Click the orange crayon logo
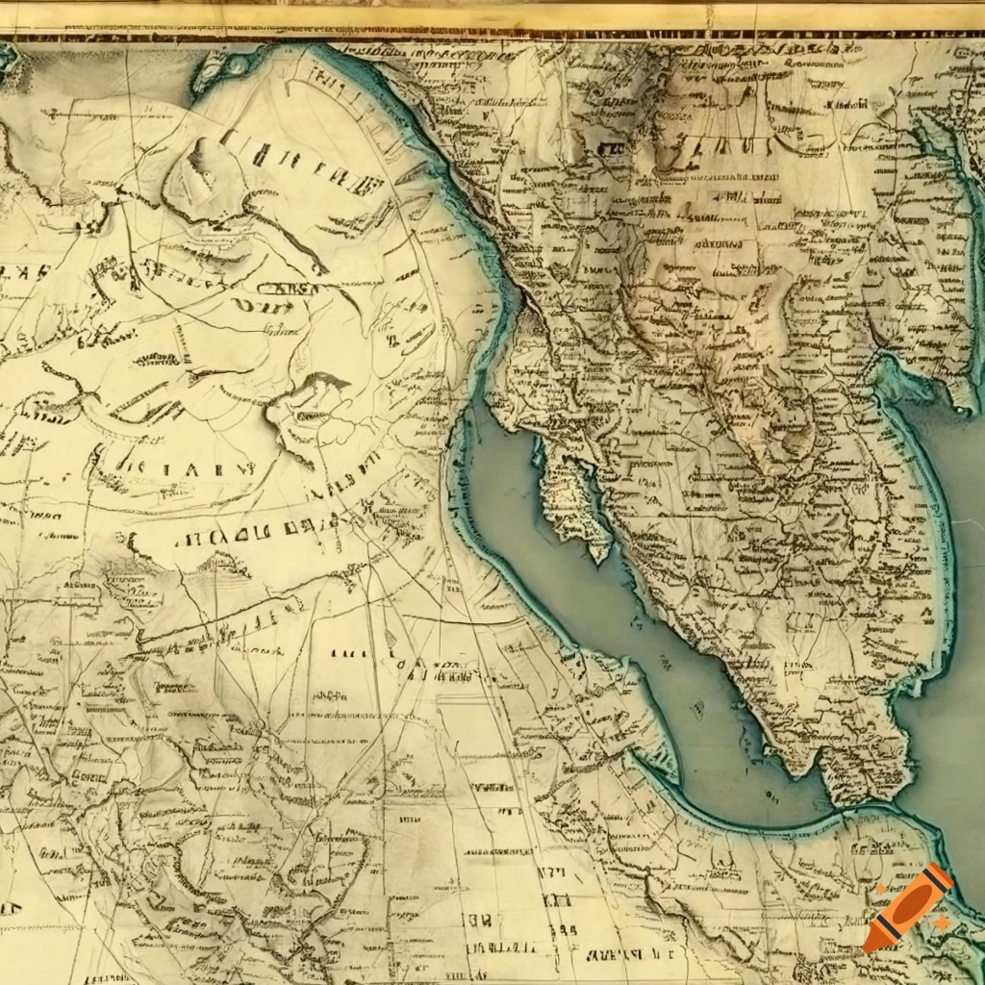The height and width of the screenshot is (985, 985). pyautogui.click(x=908, y=908)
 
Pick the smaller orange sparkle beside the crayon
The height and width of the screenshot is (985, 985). pyautogui.click(x=881, y=890)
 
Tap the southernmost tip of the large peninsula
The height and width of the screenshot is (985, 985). pyautogui.click(x=808, y=770)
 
